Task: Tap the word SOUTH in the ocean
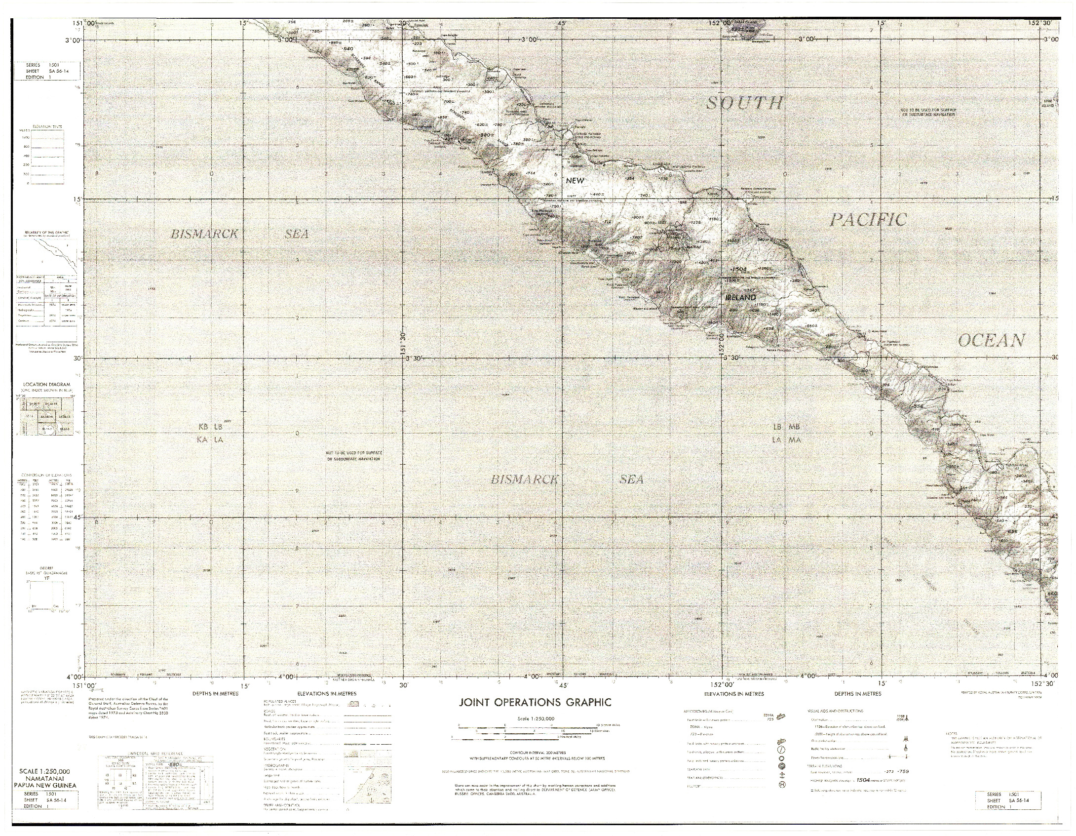pos(745,104)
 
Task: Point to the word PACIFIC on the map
pos(868,220)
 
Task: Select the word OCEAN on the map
pos(992,340)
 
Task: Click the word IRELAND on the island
pos(740,297)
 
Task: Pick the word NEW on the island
pos(575,181)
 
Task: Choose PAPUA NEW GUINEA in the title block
pos(44,784)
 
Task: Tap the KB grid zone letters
pos(202,427)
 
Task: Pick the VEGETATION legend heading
pos(276,749)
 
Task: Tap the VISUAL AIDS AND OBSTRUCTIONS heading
pos(835,711)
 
